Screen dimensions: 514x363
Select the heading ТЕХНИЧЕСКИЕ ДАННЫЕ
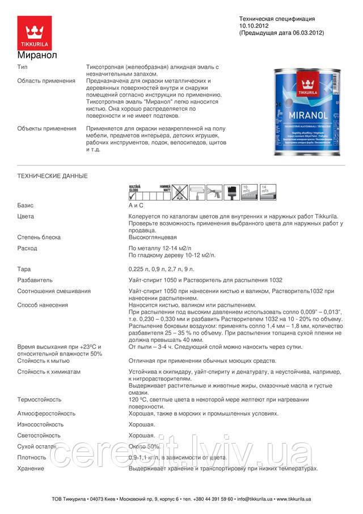[53, 176]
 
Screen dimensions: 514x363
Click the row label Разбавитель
[35, 280]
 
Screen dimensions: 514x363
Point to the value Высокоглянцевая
[153, 237]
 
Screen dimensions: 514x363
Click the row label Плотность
[32, 457]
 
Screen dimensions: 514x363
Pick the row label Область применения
[46, 81]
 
